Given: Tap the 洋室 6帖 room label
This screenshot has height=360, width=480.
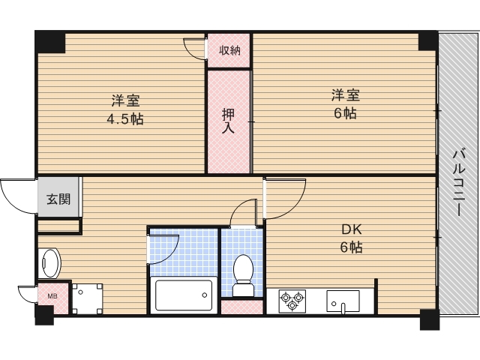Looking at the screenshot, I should click(346, 104).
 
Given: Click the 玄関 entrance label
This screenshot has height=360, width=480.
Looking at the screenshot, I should click(58, 199).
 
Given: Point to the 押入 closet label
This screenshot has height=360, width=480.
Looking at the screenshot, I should click(228, 121).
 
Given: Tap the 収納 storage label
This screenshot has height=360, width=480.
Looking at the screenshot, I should click(229, 50).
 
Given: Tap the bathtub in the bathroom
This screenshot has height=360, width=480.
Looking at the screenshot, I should click(184, 295).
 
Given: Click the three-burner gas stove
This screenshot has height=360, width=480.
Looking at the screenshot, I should click(292, 301).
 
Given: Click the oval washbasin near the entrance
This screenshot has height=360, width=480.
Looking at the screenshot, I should click(49, 262).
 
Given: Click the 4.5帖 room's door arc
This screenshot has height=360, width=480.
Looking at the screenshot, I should click(194, 47).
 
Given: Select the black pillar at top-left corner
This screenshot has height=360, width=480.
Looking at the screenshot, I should click(51, 42).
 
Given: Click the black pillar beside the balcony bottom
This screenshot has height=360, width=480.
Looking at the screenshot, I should click(429, 319).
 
